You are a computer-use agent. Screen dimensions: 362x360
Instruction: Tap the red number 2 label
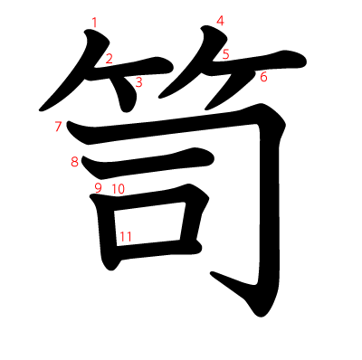pyautogui.click(x=109, y=60)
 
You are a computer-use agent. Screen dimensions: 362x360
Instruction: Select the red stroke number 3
pyautogui.click(x=138, y=82)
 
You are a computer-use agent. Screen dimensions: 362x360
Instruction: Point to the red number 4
pyautogui.click(x=220, y=20)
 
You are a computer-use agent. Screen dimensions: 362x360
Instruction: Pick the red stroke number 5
pyautogui.click(x=226, y=54)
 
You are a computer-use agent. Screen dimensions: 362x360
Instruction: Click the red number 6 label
pyautogui.click(x=263, y=77)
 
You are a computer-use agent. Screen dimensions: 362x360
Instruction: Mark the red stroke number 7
pyautogui.click(x=58, y=127)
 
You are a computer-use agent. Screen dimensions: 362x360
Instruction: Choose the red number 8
pyautogui.click(x=75, y=162)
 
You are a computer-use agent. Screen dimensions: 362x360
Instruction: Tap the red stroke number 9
pyautogui.click(x=98, y=188)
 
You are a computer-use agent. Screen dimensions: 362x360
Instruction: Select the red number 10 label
pyautogui.click(x=118, y=189)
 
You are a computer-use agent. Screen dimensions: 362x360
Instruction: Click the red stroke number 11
pyautogui.click(x=125, y=237)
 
